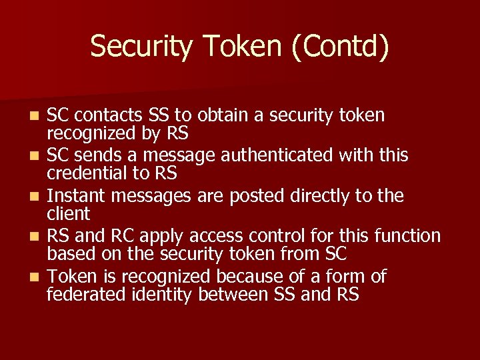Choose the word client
click(68, 214)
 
